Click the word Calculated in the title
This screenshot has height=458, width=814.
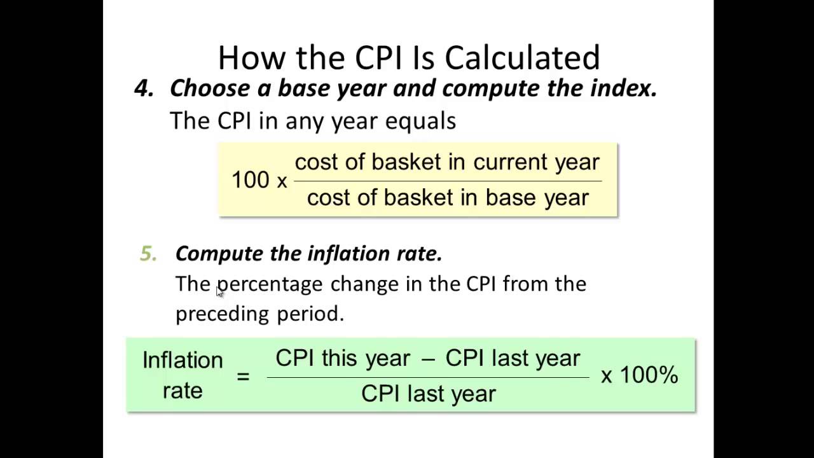click(522, 58)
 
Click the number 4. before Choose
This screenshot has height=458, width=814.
click(144, 88)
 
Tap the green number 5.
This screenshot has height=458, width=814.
click(148, 254)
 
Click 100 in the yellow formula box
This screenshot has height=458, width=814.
click(250, 180)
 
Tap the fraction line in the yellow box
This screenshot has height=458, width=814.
click(447, 181)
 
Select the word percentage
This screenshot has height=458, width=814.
click(270, 284)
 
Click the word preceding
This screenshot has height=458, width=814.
click(222, 314)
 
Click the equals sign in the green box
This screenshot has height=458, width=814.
click(243, 376)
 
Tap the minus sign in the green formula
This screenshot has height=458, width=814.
click(428, 359)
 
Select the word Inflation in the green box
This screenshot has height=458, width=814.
click(183, 360)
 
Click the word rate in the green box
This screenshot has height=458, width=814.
click(183, 390)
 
